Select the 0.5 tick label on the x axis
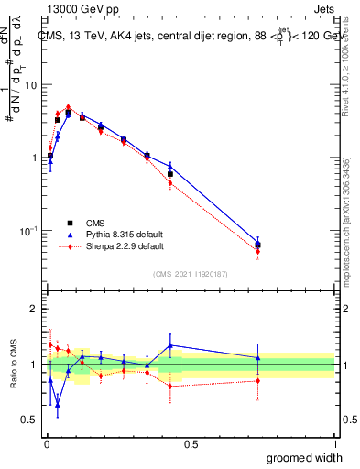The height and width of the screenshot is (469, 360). point(191,444)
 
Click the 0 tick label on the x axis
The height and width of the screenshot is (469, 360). point(46,444)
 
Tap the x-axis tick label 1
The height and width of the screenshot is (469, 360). point(334,444)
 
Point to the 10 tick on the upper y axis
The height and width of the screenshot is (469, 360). point(31,84)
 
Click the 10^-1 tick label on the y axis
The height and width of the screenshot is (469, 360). point(29,229)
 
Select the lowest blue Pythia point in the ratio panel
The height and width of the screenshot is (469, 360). point(58,404)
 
